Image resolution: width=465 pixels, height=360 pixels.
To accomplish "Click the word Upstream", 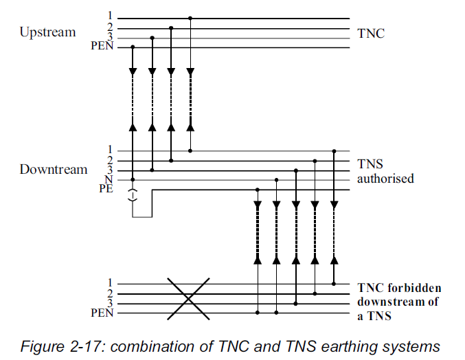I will click(x=47, y=32).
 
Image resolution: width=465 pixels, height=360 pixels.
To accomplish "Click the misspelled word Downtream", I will click(x=54, y=169).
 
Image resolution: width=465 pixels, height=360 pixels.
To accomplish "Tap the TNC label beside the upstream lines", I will click(x=372, y=32).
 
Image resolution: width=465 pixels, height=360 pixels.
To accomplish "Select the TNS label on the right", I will click(x=371, y=164).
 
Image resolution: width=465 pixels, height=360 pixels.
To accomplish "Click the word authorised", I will click(x=385, y=179).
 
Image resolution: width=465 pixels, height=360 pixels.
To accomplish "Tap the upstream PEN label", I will click(x=102, y=47).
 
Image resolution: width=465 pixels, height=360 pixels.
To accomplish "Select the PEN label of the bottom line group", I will click(x=102, y=313).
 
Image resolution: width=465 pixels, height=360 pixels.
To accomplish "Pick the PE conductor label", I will click(x=105, y=189).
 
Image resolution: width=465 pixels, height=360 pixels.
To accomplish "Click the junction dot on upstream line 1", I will click(x=190, y=19).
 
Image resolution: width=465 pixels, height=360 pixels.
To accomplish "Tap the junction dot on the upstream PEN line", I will click(x=133, y=47).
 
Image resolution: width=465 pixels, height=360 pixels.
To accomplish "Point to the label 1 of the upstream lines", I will click(x=110, y=15).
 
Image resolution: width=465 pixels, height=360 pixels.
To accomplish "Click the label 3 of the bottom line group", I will click(x=110, y=302).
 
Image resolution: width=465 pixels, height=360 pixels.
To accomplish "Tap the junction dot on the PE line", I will click(x=258, y=189).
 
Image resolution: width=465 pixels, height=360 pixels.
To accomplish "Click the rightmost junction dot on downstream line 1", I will click(x=334, y=150).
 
